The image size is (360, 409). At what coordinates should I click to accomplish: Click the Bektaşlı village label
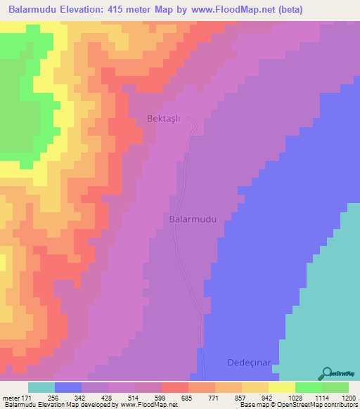coord(164,118)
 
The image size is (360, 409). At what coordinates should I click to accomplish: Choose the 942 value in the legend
coord(267,397)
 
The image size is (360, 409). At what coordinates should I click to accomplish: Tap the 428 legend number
coord(108,397)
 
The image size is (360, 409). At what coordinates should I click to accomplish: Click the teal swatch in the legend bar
coord(41,387)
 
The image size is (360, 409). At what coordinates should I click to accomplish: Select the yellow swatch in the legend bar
coord(282,387)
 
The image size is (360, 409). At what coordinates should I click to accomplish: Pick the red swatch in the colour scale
coord(175,387)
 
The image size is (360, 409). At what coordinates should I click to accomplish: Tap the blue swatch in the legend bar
coord(68,387)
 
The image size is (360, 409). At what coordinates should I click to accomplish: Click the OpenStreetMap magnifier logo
coord(327,374)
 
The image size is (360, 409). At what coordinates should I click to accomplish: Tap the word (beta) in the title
coord(335,9)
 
